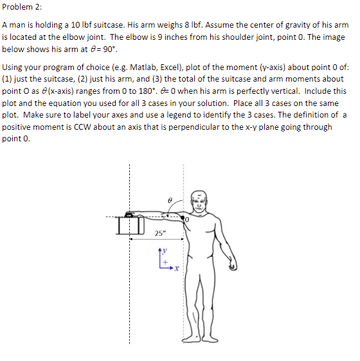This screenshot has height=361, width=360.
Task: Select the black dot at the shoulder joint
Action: pyautogui.click(x=184, y=218)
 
